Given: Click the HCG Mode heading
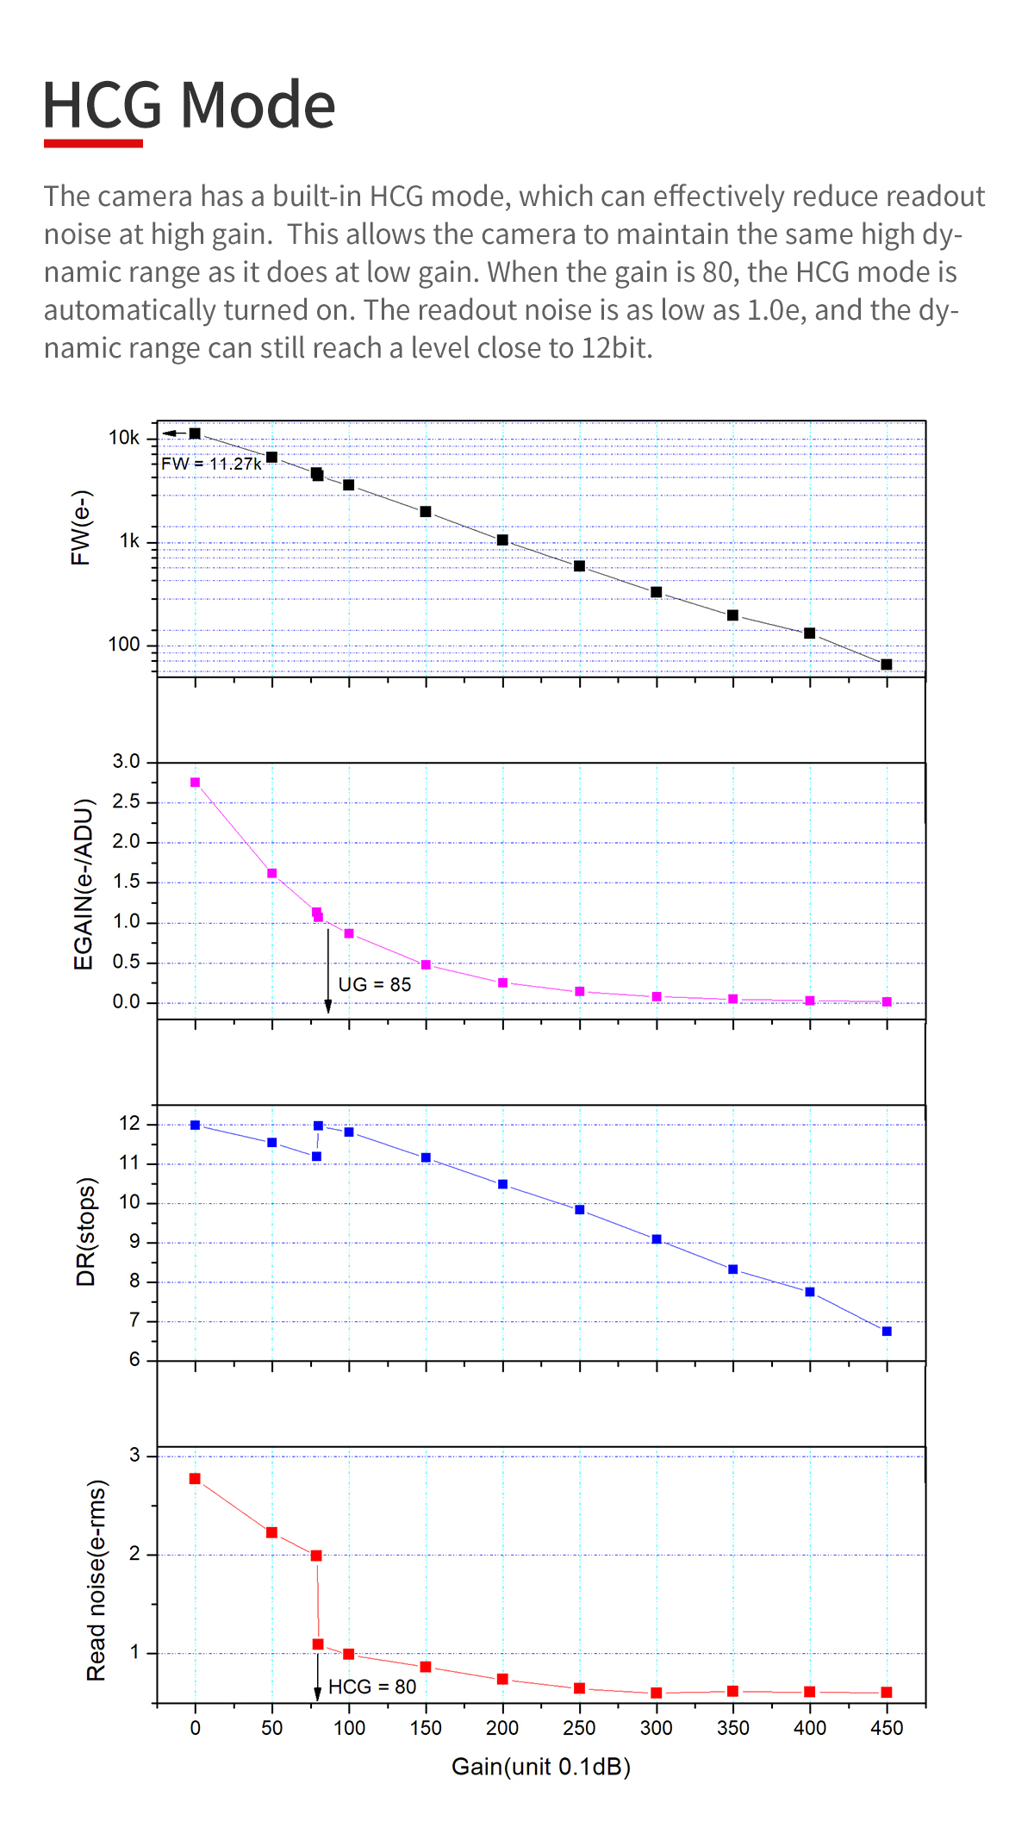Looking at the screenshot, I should click(189, 105).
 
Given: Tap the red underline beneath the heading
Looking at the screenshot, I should click(93, 143).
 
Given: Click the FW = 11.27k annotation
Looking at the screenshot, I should click(211, 464).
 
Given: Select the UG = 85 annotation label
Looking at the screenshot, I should click(374, 984).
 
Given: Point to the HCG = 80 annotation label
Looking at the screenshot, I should click(372, 1687).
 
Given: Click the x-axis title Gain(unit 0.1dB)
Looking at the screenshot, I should click(541, 1767).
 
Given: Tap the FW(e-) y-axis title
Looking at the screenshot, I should click(81, 527).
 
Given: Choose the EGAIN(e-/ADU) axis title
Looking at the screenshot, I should click(83, 884).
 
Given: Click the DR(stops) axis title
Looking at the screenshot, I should click(86, 1232).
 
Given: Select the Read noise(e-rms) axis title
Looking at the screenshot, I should click(97, 1581).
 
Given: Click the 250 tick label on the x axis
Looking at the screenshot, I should click(579, 1728).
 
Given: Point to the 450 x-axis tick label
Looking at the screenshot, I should click(887, 1728).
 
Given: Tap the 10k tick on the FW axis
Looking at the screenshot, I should click(123, 438).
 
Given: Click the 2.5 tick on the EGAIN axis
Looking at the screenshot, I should click(126, 801).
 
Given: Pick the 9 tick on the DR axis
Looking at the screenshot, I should click(134, 1242).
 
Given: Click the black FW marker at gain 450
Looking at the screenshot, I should click(887, 664).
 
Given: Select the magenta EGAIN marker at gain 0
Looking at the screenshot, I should click(196, 783).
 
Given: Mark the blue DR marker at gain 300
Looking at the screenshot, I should click(657, 1239).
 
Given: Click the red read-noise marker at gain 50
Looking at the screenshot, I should click(271, 1532).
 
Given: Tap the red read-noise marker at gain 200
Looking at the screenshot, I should click(502, 1679).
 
